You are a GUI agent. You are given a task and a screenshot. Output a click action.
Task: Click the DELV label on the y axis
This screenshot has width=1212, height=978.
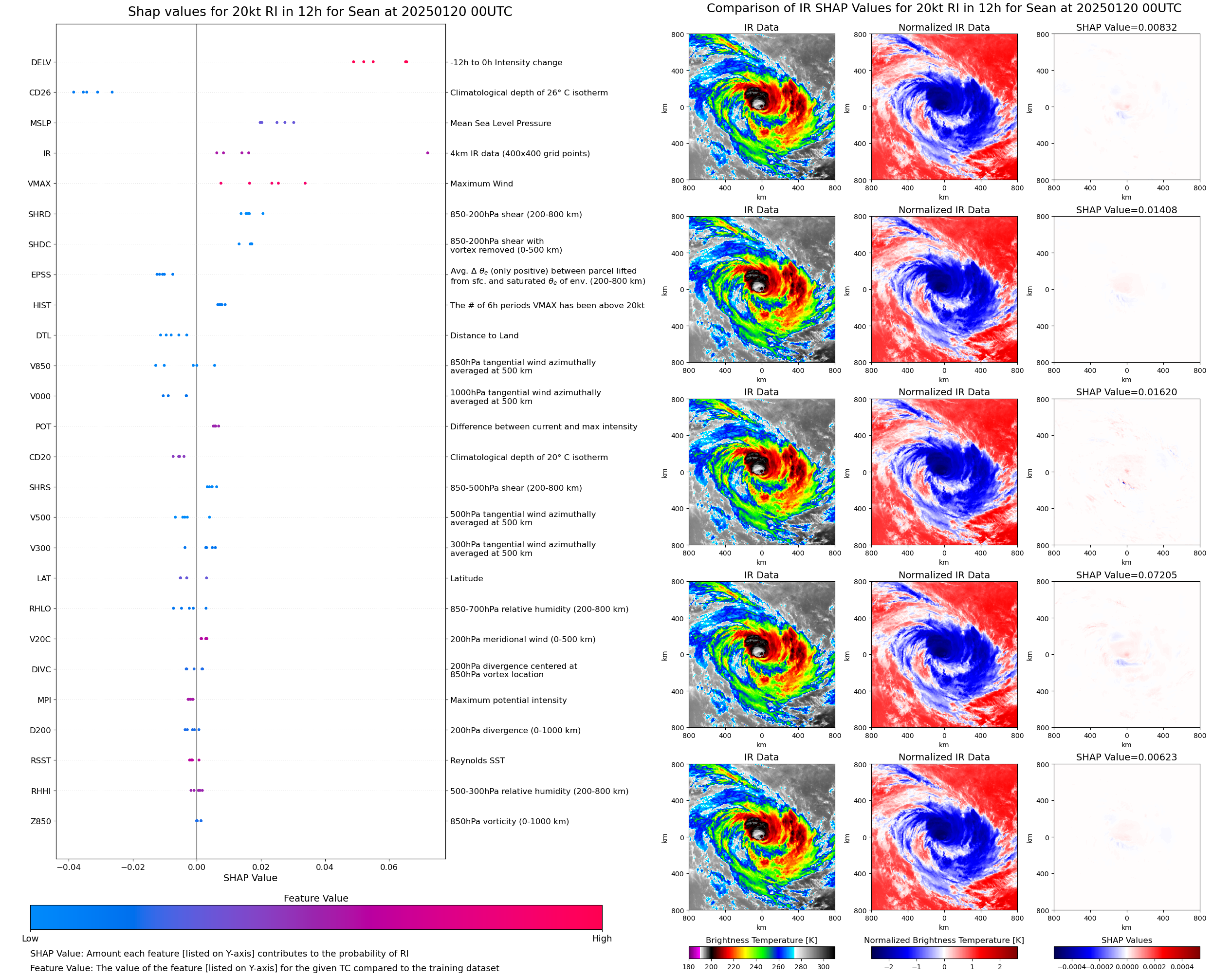pos(41,62)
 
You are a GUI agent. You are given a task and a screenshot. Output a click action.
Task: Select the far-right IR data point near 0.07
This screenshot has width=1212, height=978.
pos(427,153)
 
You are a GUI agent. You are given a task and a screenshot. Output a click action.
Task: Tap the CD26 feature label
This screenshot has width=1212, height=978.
pos(40,92)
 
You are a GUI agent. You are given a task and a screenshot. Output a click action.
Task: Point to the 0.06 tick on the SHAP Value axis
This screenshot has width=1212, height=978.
pos(388,867)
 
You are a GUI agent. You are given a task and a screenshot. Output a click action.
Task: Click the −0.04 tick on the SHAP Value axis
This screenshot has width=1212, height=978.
pos(68,867)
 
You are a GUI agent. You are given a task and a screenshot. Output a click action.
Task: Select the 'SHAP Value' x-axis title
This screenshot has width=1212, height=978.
pos(250,878)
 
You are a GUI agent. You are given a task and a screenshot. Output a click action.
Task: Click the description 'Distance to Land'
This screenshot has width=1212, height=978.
pos(484,335)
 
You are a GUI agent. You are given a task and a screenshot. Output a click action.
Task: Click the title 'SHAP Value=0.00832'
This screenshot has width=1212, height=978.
pos(1126,27)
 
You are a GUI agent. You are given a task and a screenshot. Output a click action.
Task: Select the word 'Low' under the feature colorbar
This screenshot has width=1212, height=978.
pos(30,938)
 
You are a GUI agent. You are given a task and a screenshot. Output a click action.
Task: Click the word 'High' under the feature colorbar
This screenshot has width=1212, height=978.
pos(602,938)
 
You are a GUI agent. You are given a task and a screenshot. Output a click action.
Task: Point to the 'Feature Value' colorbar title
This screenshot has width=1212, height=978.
pos(316,898)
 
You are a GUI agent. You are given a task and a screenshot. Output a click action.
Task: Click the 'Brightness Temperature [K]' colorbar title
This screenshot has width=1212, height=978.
pos(761,940)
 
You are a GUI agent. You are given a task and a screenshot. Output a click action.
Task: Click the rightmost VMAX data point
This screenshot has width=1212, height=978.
pos(305,183)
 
